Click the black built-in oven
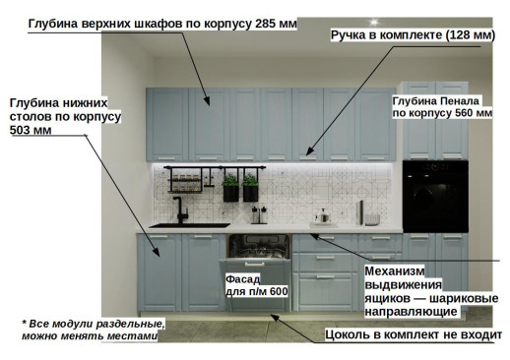point(435,196)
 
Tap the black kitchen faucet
point(181,210)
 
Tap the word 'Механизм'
point(397,270)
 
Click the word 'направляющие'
point(411,312)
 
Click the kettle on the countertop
point(322,216)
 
